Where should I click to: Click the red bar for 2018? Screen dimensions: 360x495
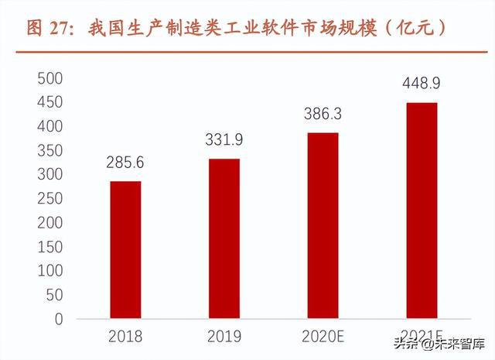[x=125, y=249]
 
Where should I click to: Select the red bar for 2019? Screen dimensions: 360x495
[x=224, y=238]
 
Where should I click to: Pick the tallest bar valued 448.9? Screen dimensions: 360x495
[x=422, y=210]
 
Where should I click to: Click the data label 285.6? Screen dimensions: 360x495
[x=125, y=163]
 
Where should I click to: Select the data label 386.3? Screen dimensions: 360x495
[x=323, y=115]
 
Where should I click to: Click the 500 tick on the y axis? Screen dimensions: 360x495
[x=49, y=78]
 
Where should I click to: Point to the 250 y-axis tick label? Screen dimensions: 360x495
[x=49, y=198]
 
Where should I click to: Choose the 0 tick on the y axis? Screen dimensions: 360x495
[x=58, y=319]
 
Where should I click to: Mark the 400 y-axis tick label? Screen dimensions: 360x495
[x=49, y=126]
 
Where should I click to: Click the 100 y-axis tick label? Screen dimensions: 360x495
[x=49, y=271]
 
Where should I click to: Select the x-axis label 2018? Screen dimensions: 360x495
[x=125, y=338]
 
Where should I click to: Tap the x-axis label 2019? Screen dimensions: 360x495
[x=224, y=338]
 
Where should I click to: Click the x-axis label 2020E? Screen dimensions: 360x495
[x=323, y=338]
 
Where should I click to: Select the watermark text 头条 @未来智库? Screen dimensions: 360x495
[x=439, y=343]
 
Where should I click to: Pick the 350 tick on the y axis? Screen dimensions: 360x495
[x=49, y=150]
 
